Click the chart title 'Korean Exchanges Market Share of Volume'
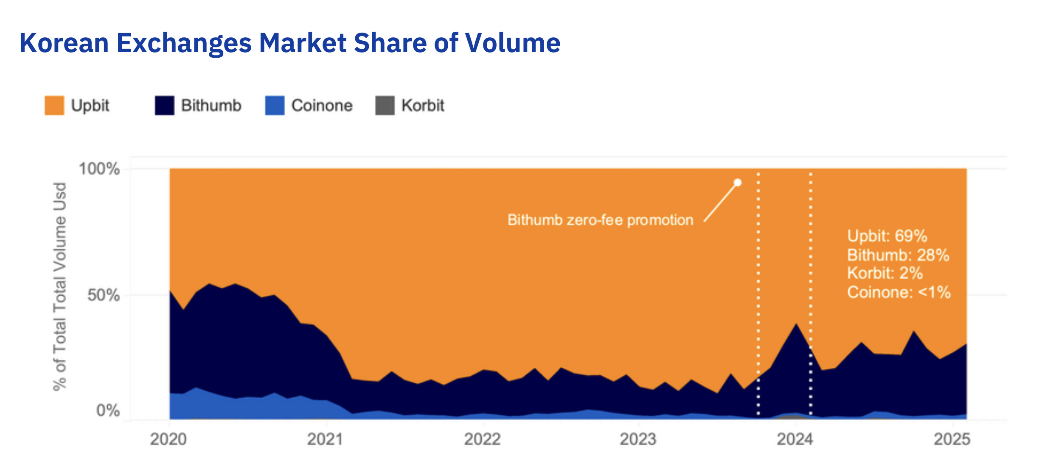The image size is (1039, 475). click(290, 43)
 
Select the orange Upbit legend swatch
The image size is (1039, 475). click(54, 106)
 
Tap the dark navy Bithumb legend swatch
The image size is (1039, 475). click(164, 106)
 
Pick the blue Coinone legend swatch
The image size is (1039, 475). click(275, 106)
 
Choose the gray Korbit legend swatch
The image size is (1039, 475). click(385, 106)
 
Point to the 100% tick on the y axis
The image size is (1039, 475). click(99, 169)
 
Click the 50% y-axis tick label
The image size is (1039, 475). click(104, 295)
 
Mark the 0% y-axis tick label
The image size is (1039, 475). click(108, 411)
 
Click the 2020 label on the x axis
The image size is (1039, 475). click(168, 439)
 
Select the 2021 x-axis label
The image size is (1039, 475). click(325, 439)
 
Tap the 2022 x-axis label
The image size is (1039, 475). click(482, 439)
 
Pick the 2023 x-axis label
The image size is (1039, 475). click(638, 439)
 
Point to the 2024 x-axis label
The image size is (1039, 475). click(795, 439)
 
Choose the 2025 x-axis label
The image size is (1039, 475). click(952, 439)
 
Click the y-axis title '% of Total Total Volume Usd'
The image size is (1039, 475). click(60, 287)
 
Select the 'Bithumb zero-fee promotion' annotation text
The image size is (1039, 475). click(600, 220)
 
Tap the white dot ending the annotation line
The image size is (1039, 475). click(738, 182)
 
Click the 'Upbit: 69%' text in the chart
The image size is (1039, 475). click(887, 236)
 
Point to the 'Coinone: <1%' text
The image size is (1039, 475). click(899, 292)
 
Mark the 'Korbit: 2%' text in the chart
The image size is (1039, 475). click(885, 273)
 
